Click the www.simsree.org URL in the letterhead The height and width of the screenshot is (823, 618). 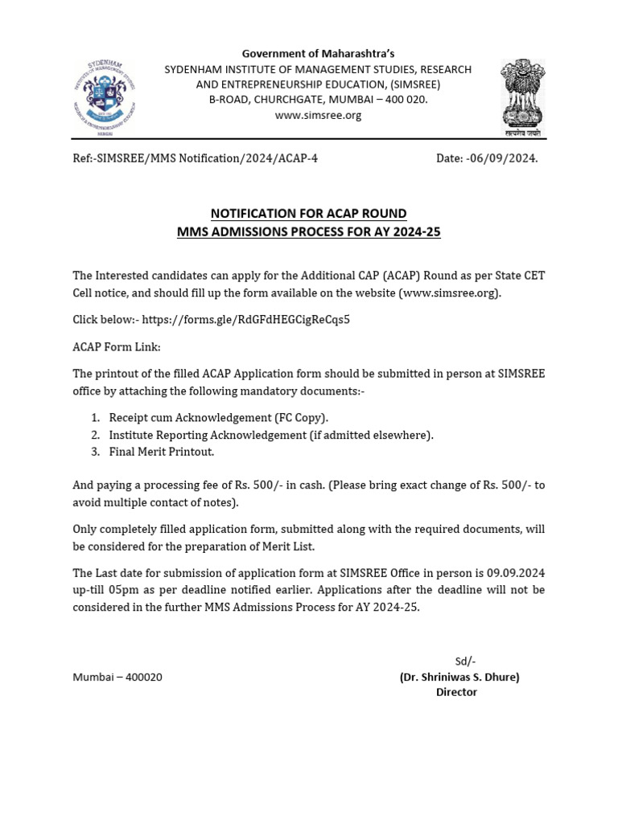click(x=318, y=115)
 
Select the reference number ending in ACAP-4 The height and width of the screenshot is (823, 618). click(x=195, y=158)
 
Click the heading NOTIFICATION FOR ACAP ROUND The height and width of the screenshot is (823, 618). click(x=308, y=213)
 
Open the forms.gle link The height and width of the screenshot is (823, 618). click(x=246, y=319)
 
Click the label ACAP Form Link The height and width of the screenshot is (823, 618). click(x=117, y=346)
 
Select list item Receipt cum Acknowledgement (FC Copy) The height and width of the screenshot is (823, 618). click(x=218, y=418)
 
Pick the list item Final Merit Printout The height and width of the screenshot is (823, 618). click(x=161, y=452)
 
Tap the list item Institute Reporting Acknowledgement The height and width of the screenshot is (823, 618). click(x=270, y=435)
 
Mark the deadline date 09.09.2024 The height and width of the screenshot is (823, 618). click(x=516, y=573)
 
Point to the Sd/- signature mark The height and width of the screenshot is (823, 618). click(x=465, y=661)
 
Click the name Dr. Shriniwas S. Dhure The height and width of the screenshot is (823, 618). click(x=459, y=677)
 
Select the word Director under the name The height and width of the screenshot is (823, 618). click(x=456, y=692)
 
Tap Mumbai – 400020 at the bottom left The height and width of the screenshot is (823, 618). click(x=117, y=677)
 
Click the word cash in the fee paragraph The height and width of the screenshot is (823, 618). click(x=309, y=485)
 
